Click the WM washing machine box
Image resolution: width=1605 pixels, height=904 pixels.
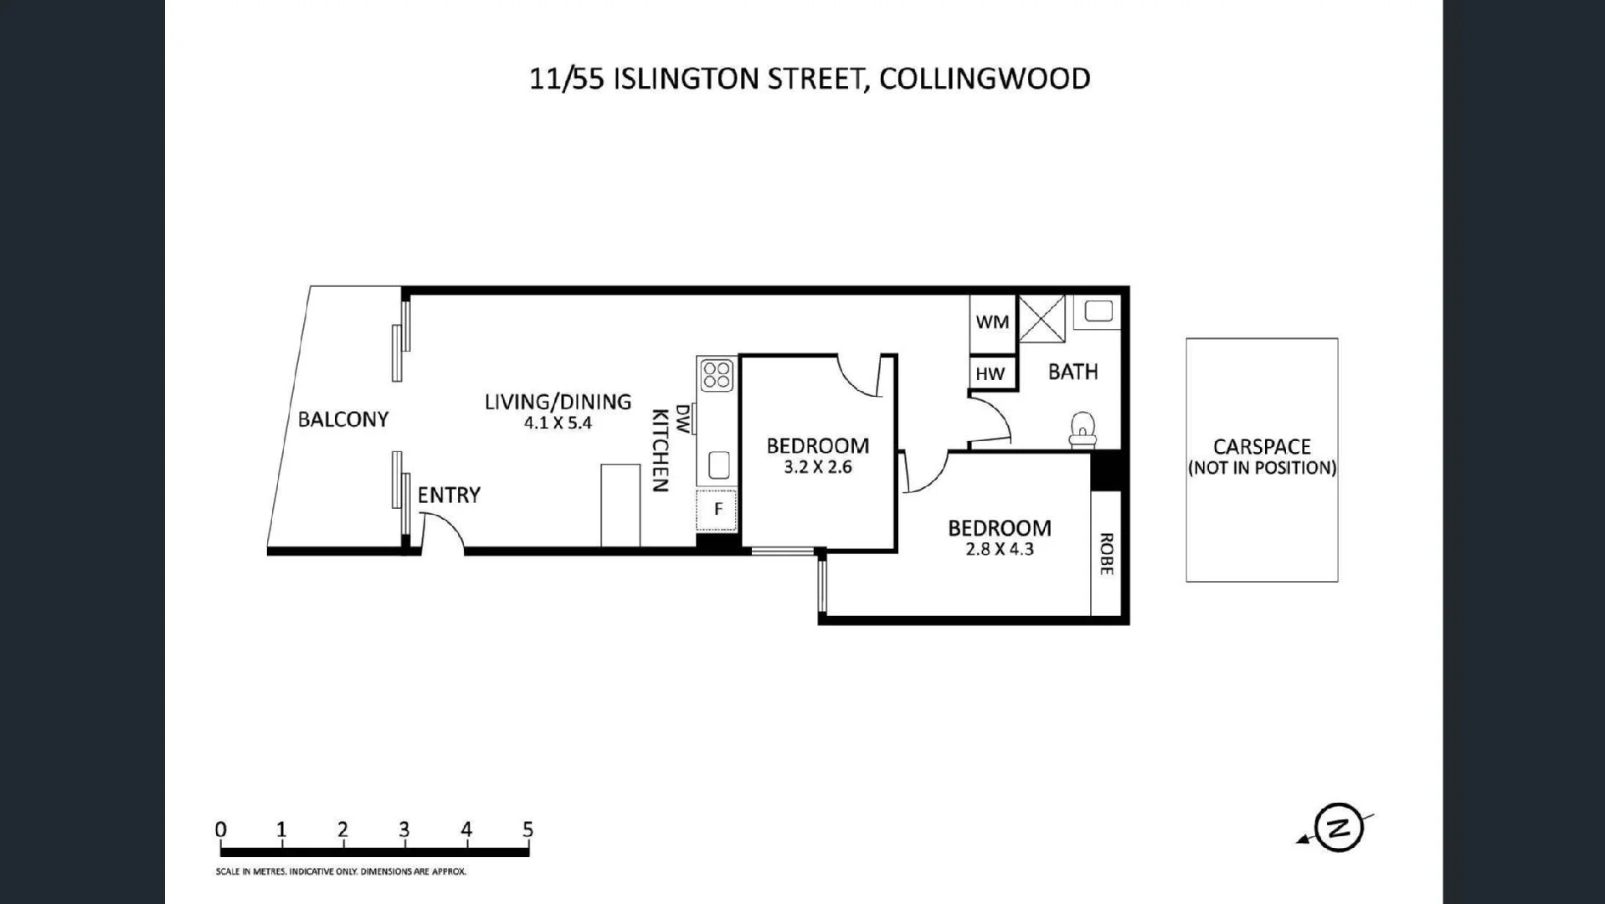tap(992, 322)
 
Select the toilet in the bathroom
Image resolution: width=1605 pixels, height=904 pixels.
tap(1083, 429)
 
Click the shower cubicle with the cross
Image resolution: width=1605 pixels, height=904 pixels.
tap(1041, 318)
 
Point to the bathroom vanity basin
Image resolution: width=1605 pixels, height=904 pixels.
tap(1097, 311)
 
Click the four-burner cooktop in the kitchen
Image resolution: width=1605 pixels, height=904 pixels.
tap(718, 374)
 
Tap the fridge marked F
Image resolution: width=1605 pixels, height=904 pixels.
tap(718, 509)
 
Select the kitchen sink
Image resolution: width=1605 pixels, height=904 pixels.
tap(718, 465)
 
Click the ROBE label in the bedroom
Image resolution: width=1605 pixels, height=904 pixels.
tap(1105, 554)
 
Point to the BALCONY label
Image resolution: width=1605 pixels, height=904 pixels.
tap(343, 419)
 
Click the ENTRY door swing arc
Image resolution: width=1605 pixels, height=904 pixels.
tap(444, 531)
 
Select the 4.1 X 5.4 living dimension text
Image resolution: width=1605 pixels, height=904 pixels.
tap(558, 424)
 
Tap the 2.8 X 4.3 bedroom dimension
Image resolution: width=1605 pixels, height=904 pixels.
tap(1000, 550)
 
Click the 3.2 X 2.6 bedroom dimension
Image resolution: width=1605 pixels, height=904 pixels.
tap(818, 467)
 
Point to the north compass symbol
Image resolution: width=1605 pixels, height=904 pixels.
tap(1338, 828)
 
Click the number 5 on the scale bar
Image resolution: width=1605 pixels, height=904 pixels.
tap(527, 830)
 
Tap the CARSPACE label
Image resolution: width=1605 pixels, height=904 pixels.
tap(1262, 446)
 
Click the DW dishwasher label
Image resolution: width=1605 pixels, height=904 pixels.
tap(683, 419)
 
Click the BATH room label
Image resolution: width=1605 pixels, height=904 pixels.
tap(1073, 372)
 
